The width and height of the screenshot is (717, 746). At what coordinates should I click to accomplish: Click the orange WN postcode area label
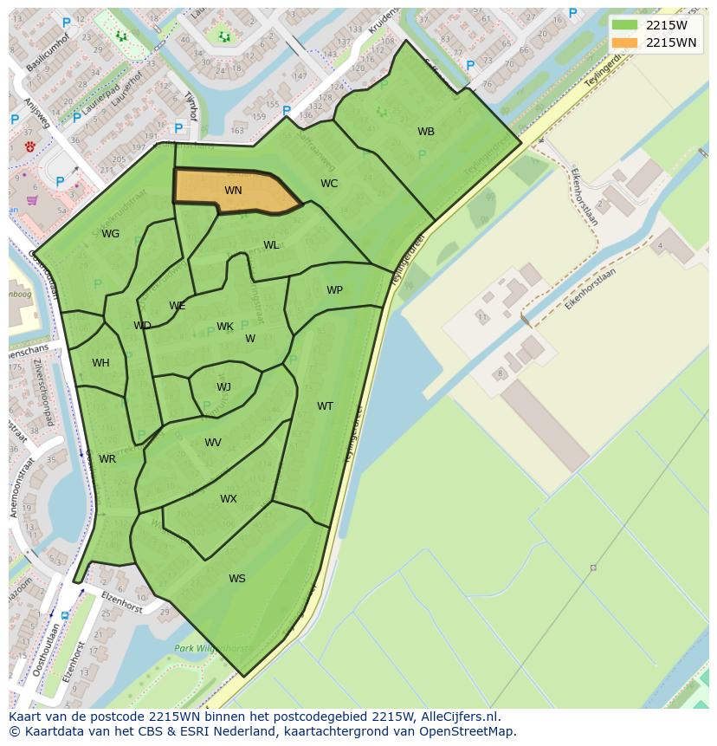233,191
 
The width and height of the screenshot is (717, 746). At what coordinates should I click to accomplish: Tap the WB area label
426,132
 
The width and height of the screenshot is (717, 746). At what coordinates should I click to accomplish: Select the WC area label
329,184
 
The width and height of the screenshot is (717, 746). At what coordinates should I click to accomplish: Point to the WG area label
110,234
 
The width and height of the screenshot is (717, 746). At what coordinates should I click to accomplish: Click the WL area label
271,245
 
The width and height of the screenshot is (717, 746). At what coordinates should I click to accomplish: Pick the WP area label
334,290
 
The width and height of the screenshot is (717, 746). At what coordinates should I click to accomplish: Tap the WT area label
325,406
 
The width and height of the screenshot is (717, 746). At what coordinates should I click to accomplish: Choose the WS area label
236,579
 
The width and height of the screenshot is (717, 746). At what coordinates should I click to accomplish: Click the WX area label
228,499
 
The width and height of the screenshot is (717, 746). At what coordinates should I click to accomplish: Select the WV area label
213,443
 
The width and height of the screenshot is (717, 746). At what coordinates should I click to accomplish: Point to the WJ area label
223,387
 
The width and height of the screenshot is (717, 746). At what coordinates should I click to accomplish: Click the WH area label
100,363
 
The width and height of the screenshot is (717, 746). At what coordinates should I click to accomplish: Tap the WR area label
107,459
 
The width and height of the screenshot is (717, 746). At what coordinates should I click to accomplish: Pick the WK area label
225,327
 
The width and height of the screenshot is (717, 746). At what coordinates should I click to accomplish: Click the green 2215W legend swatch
623,24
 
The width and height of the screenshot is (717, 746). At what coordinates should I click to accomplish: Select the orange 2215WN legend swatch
623,42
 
